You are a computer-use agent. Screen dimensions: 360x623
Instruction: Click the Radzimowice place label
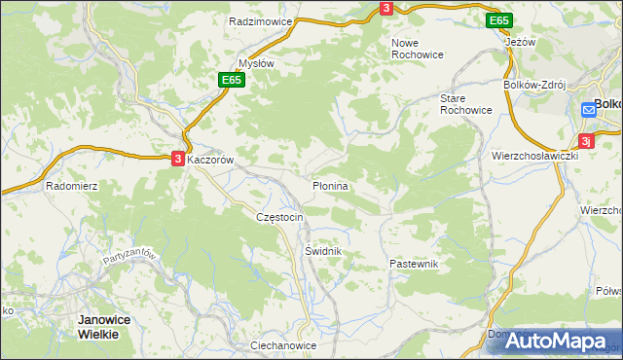(x=254, y=20)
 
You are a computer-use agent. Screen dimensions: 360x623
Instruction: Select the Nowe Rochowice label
(x=417, y=49)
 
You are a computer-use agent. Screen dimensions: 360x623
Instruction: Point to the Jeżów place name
(x=521, y=43)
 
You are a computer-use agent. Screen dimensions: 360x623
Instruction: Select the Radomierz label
(x=69, y=185)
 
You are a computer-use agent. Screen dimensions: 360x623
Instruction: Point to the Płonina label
(x=331, y=184)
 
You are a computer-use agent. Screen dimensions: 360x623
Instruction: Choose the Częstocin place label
(x=279, y=217)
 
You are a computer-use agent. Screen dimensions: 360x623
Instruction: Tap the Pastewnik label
(x=415, y=264)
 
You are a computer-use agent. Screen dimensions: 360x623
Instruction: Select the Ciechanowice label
(x=283, y=345)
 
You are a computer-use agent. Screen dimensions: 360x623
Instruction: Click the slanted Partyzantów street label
(x=129, y=264)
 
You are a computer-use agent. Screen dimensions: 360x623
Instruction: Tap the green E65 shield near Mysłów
(x=230, y=80)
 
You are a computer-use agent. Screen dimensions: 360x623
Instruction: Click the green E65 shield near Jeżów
(x=498, y=20)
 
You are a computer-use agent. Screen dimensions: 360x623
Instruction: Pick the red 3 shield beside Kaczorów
(x=178, y=158)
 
